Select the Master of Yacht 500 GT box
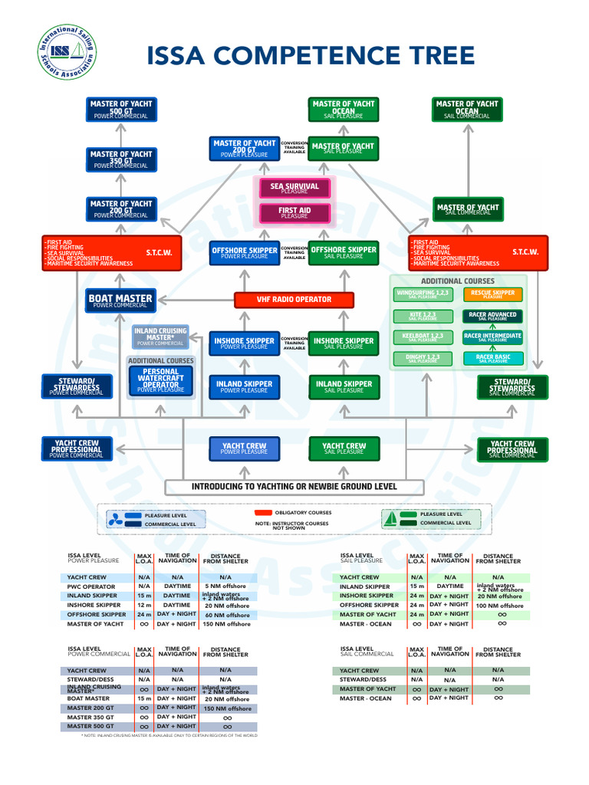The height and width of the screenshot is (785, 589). click(x=121, y=108)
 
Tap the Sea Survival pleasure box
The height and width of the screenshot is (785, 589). click(x=294, y=188)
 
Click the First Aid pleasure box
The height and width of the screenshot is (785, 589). click(x=294, y=212)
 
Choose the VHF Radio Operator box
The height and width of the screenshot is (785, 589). click(x=294, y=300)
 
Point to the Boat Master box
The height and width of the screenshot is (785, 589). click(x=121, y=301)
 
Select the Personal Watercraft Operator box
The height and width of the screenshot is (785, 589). click(x=161, y=381)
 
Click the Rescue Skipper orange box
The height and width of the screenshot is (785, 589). click(x=492, y=294)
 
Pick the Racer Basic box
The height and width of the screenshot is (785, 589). click(x=492, y=358)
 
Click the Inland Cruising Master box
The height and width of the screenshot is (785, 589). click(x=161, y=336)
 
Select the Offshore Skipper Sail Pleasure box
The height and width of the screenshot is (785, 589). click(x=344, y=252)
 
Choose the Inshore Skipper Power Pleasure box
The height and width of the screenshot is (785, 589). click(x=244, y=343)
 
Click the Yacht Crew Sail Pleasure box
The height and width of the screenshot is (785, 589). click(x=344, y=448)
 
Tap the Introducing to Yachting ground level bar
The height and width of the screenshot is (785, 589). click(x=294, y=487)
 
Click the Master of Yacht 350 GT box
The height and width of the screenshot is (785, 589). click(x=121, y=159)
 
